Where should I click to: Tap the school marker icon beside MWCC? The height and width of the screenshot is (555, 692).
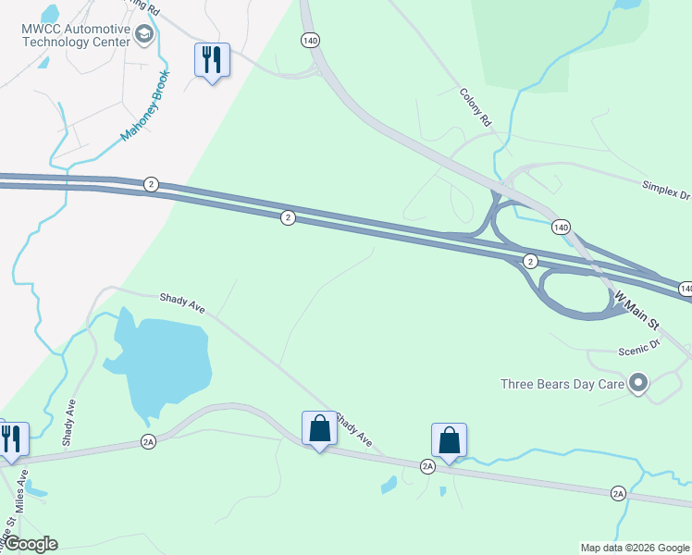(143, 35)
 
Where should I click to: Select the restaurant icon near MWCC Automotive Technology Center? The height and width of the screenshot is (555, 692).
(211, 61)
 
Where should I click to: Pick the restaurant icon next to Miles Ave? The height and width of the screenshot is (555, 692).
(11, 439)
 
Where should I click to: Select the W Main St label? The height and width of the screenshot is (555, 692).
(637, 311)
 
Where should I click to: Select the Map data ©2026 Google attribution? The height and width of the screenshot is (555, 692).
(635, 548)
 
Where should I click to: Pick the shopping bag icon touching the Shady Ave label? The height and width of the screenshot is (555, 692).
(319, 428)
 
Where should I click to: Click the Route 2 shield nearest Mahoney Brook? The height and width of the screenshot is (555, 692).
(150, 185)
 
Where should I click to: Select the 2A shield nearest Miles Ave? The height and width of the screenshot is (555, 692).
(148, 443)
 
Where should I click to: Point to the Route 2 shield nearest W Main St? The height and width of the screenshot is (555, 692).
(530, 261)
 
